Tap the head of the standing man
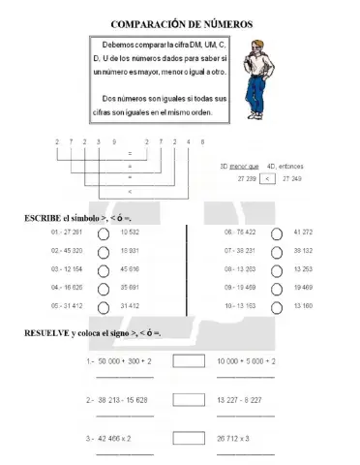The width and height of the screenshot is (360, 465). coord(258,44)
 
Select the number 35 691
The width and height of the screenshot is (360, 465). coord(132,287)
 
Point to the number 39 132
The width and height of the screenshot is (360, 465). coord(302,250)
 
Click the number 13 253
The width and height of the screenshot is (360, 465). coord(302,268)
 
